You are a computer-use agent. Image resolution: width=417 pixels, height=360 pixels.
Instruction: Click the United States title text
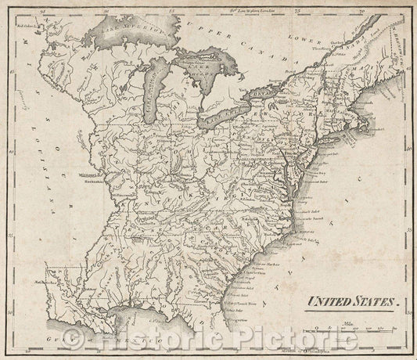point(353,299)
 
